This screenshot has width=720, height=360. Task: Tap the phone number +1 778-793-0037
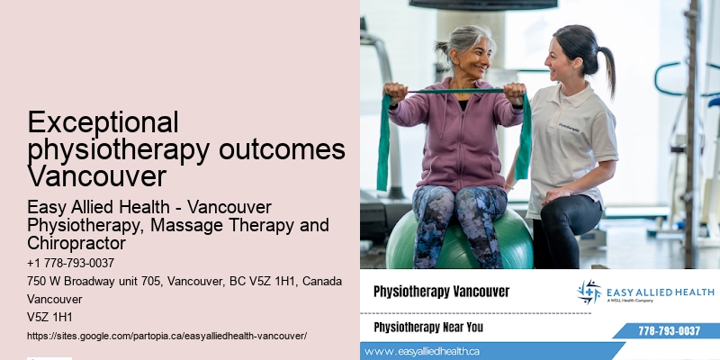click(71, 263)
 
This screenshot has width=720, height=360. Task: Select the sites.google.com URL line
click(167, 335)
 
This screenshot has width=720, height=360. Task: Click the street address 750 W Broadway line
click(184, 281)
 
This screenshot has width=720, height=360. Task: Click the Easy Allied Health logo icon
click(589, 292)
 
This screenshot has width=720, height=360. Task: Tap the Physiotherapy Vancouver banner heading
click(441, 292)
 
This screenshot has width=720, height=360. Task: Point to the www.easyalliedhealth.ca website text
click(422, 351)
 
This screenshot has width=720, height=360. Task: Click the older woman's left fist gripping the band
click(514, 93)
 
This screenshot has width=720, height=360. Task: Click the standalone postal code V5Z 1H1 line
click(49, 317)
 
